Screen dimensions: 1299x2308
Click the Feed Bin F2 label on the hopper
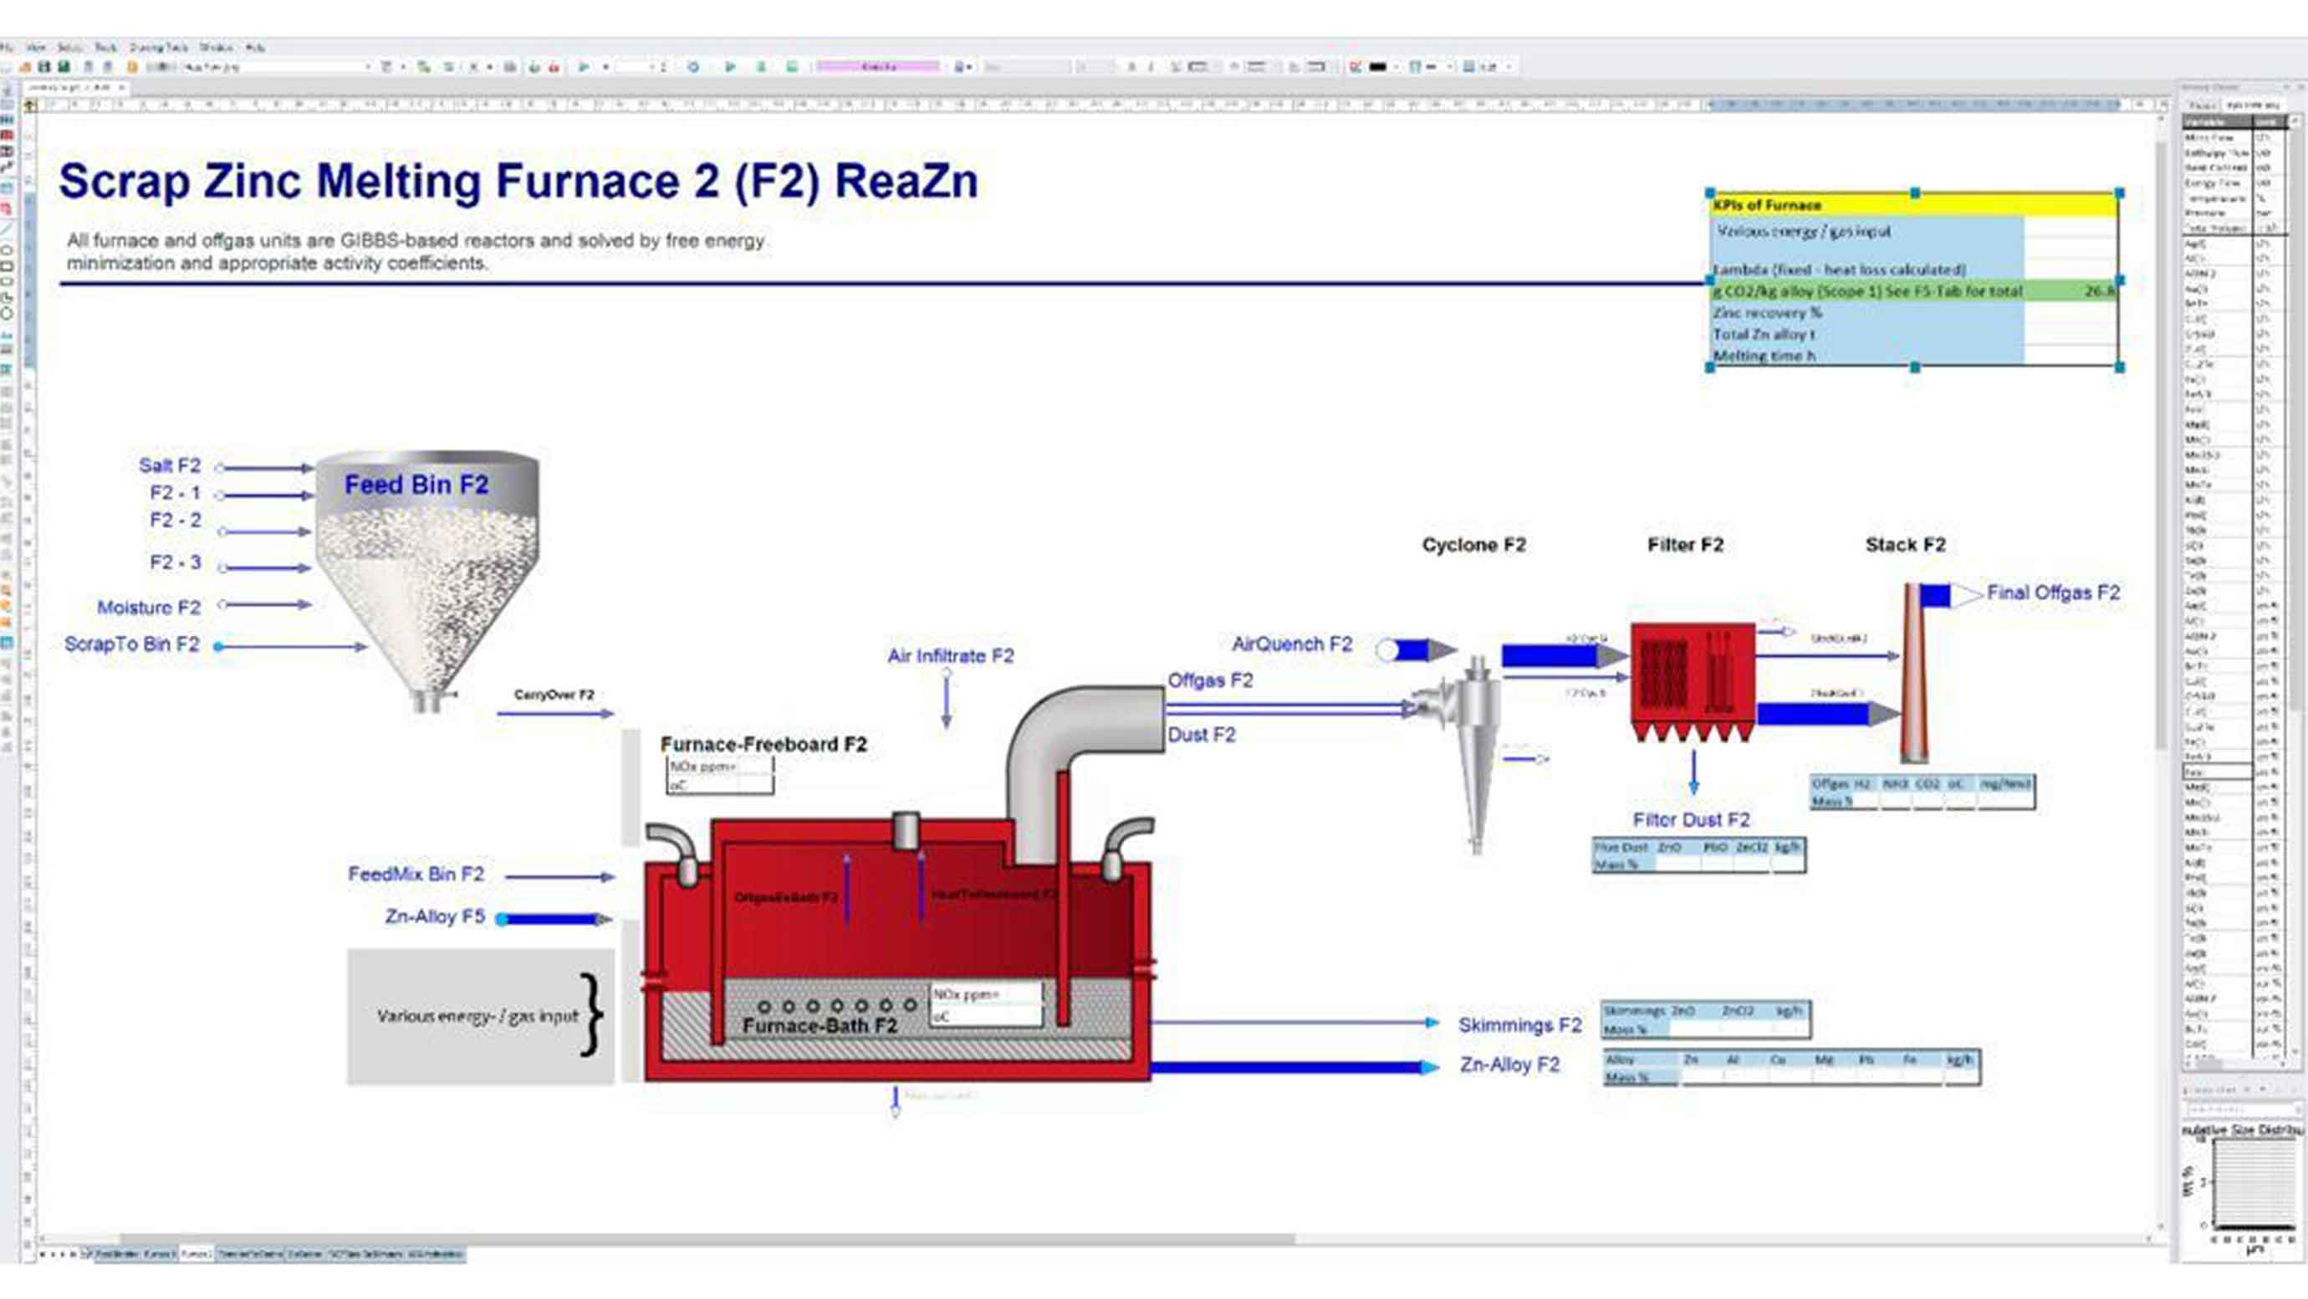tap(416, 485)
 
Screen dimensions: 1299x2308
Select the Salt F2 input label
tap(169, 465)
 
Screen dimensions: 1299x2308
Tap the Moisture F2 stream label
tap(149, 608)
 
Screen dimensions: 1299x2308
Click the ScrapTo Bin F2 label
tap(132, 644)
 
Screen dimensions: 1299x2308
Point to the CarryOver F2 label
tap(554, 695)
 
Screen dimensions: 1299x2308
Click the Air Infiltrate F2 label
tap(951, 656)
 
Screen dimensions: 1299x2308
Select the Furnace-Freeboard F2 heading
tap(763, 744)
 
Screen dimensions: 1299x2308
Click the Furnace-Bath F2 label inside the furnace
tap(820, 1025)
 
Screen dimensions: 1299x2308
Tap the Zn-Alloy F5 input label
tap(435, 916)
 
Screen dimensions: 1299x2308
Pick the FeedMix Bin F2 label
tap(416, 874)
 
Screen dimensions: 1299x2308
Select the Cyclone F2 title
tap(1473, 545)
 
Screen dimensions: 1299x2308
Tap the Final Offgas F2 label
tap(2053, 593)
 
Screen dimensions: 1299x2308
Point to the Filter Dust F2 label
tap(1691, 819)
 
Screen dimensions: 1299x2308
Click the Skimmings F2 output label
tap(1519, 1024)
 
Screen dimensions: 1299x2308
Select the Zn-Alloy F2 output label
tap(1509, 1065)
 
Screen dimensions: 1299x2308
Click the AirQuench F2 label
tap(1291, 644)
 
